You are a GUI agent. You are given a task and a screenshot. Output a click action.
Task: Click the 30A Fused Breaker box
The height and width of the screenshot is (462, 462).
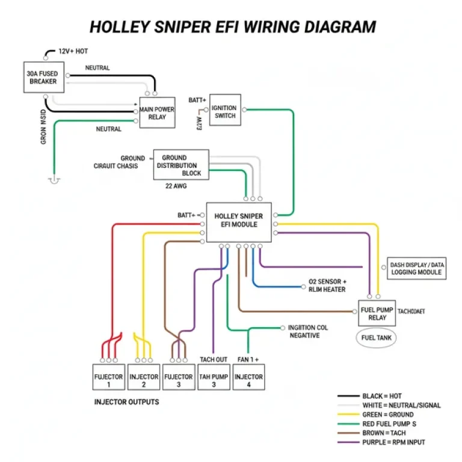click(x=43, y=77)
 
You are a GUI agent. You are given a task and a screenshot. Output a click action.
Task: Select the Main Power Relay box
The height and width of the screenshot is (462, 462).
click(x=157, y=112)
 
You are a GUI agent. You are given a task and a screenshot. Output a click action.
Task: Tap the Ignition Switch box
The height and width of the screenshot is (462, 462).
click(x=225, y=111)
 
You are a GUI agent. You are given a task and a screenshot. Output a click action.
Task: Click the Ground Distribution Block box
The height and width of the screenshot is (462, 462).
click(x=180, y=165)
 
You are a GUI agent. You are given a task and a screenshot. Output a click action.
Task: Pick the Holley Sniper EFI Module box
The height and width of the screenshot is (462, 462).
click(x=239, y=222)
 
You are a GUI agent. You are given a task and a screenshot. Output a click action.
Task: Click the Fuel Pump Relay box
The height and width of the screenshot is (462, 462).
click(x=377, y=313)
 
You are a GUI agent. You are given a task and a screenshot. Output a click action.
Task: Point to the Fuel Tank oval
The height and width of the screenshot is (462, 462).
click(x=376, y=338)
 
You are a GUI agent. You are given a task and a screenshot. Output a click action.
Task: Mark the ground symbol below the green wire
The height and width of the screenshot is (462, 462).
click(x=55, y=179)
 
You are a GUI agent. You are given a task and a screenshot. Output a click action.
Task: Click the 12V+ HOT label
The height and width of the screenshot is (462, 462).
click(x=73, y=52)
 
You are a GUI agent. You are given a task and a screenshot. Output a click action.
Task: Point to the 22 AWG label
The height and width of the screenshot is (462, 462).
click(x=176, y=186)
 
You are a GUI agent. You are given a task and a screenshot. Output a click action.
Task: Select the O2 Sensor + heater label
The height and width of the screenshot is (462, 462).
click(x=327, y=285)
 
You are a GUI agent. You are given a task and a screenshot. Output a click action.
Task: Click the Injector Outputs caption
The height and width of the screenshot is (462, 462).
click(x=126, y=401)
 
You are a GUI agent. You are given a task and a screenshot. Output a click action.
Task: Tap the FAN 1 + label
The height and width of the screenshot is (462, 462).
click(x=248, y=359)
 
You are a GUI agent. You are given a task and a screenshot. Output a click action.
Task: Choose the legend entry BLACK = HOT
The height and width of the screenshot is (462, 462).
click(x=381, y=396)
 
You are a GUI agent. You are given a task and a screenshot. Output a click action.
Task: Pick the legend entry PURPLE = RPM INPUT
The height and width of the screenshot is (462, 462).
click(x=393, y=442)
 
